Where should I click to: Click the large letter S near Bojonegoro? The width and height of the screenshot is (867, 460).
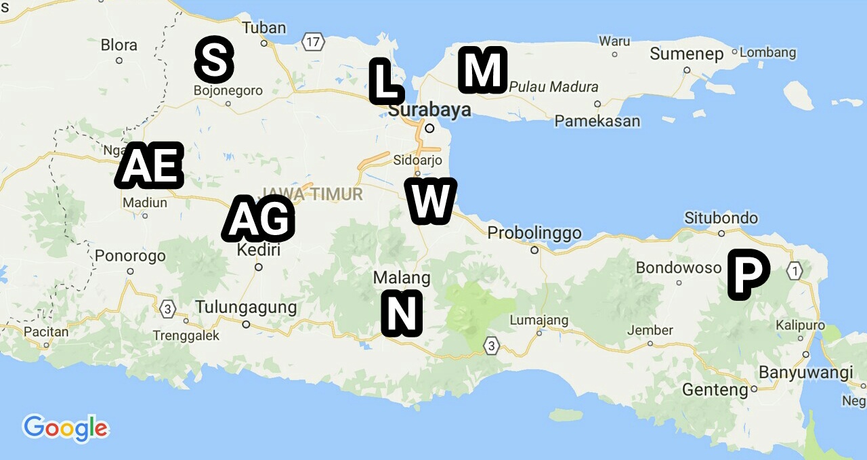click(214, 60)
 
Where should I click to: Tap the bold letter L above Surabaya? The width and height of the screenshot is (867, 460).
click(385, 81)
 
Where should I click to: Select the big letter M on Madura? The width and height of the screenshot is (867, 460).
click(482, 70)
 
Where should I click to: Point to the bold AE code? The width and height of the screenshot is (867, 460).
click(150, 165)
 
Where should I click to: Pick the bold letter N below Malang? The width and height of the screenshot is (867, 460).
click(402, 313)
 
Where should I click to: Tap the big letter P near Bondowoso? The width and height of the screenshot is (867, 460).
click(748, 274)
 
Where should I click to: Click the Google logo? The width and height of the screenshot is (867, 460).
click(65, 428)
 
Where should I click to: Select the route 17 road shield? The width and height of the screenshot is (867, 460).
click(312, 42)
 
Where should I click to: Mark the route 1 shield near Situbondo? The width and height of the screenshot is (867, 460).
click(795, 271)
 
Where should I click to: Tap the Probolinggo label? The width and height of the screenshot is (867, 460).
click(534, 233)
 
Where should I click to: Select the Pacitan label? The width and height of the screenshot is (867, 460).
click(46, 332)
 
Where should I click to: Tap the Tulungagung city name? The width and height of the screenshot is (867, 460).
click(246, 308)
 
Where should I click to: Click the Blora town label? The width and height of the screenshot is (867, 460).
click(119, 45)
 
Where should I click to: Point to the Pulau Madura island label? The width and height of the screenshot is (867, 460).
click(553, 87)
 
